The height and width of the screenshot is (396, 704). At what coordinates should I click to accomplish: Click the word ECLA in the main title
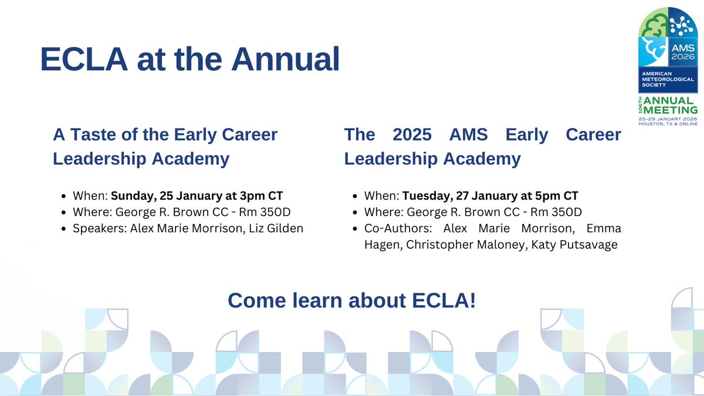(84, 59)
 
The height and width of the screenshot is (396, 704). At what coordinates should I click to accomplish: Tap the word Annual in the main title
(285, 59)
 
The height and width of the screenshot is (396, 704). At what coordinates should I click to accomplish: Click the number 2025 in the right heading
(412, 134)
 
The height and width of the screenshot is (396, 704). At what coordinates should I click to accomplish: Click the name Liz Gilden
(276, 228)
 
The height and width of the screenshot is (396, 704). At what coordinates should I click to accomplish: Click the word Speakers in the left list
(100, 229)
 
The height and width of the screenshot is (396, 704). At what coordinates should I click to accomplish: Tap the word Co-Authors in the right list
(398, 228)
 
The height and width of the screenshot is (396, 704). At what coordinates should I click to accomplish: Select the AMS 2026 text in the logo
(683, 52)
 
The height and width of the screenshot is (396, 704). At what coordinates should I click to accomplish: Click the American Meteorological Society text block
(668, 79)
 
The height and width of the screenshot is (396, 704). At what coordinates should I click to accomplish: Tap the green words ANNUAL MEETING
(671, 105)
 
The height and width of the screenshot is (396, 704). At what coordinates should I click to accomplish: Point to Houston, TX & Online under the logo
(668, 124)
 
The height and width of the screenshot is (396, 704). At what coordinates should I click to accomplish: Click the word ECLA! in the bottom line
(444, 300)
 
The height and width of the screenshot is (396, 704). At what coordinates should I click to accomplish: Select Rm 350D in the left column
(265, 212)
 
